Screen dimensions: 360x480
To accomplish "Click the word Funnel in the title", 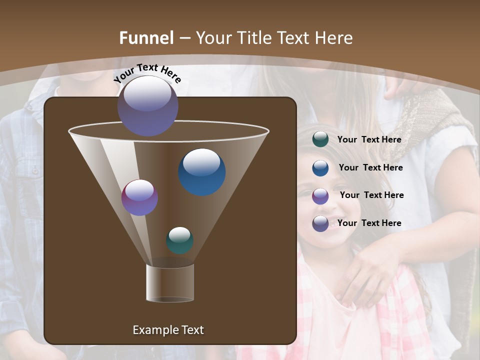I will coord(146,38).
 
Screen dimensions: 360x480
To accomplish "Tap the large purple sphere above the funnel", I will coord(148,105).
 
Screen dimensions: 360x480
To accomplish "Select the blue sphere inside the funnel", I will coord(201,172).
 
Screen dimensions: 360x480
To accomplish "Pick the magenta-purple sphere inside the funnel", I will coord(140,197).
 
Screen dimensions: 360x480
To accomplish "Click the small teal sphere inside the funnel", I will coord(180,240).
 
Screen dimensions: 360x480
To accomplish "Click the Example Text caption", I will coord(168,330).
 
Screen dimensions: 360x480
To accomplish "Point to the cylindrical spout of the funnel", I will coord(170,283).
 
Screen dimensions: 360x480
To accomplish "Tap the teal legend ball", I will coord(320,139).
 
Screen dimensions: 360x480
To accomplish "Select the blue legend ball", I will coord(320,168).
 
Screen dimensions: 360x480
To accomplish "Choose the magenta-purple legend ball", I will coord(320,196).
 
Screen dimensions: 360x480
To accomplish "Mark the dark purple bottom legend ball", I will coord(320,223).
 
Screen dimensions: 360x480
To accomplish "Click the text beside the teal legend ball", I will coord(369,139).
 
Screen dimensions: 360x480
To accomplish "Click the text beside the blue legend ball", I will coord(370,167).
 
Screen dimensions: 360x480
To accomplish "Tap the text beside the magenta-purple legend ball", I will coord(371,195).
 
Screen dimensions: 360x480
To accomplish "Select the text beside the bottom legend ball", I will coord(369,223).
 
